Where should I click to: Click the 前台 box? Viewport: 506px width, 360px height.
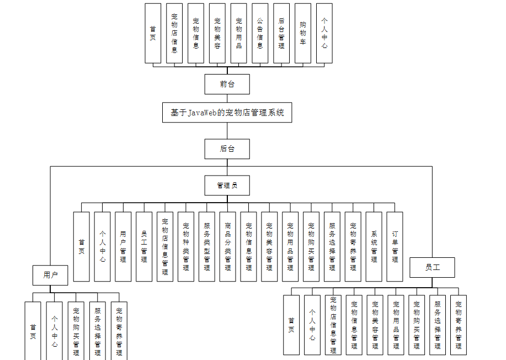click(227, 84)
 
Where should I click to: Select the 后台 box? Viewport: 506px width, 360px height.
click(227, 149)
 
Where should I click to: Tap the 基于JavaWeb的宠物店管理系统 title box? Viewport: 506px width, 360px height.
click(227, 113)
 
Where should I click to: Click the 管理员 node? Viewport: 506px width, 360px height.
click(227, 186)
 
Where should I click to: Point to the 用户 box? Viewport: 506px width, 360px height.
click(50, 274)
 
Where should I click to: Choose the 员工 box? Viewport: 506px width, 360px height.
click(432, 268)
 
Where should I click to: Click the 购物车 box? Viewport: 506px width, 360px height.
click(303, 33)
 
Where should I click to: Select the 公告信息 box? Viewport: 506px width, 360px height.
click(260, 33)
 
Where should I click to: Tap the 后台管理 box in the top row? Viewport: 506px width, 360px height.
click(281, 33)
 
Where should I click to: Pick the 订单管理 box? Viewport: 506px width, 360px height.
click(395, 246)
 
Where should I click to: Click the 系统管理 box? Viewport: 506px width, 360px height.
click(374, 246)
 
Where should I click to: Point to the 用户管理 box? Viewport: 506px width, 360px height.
click(123, 246)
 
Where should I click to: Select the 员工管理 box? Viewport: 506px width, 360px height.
click(144, 246)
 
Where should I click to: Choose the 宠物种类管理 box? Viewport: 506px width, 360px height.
click(186, 246)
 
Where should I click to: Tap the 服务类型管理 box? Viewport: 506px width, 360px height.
click(207, 246)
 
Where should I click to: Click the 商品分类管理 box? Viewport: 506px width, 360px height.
click(228, 246)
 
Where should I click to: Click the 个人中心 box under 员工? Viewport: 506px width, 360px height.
click(312, 325)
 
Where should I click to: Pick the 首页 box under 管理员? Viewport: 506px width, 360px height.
click(82, 246)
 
